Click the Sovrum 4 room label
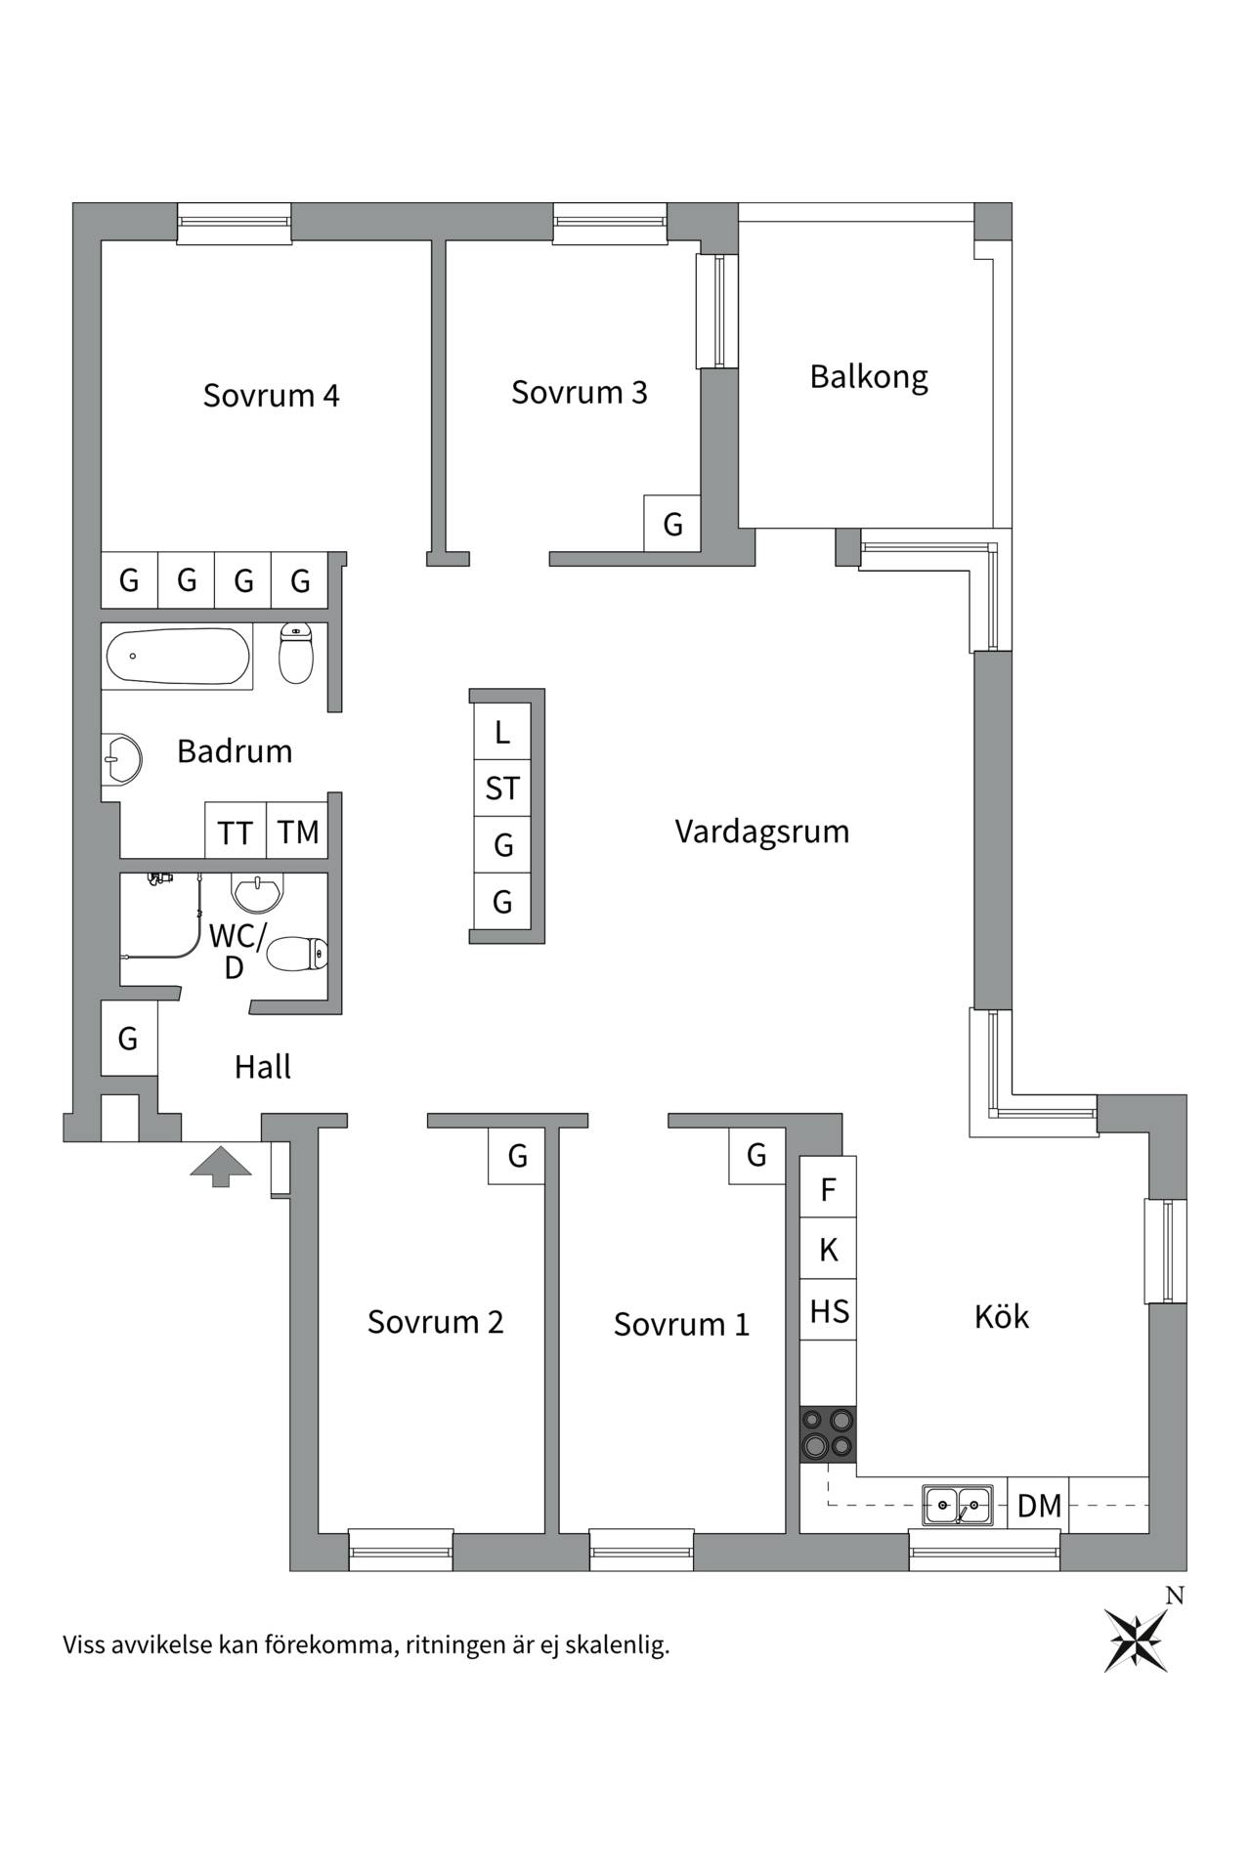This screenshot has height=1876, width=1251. pyautogui.click(x=271, y=396)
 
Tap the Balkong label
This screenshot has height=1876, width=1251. pyautogui.click(x=869, y=377)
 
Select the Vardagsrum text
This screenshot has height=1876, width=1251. pyautogui.click(x=762, y=832)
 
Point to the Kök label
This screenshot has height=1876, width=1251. pyautogui.click(x=1002, y=1316)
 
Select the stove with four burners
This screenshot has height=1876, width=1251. pyautogui.click(x=828, y=1434)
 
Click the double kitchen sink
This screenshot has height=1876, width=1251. pyautogui.click(x=958, y=1505)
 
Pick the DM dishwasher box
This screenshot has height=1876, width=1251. pyautogui.click(x=1038, y=1505)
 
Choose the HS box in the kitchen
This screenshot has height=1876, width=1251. pyautogui.click(x=828, y=1310)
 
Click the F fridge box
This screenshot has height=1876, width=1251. pyautogui.click(x=828, y=1188)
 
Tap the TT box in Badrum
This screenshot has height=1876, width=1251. pyautogui.click(x=236, y=831)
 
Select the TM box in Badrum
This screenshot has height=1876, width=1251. pyautogui.click(x=297, y=831)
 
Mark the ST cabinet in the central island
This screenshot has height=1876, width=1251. pyautogui.click(x=502, y=788)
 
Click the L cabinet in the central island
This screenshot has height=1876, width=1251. pyautogui.click(x=502, y=731)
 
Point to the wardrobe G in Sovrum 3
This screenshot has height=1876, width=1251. pyautogui.click(x=672, y=524)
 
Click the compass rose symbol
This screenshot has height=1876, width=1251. pyautogui.click(x=1136, y=1639)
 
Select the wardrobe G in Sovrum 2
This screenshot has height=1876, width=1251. pyautogui.click(x=517, y=1156)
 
